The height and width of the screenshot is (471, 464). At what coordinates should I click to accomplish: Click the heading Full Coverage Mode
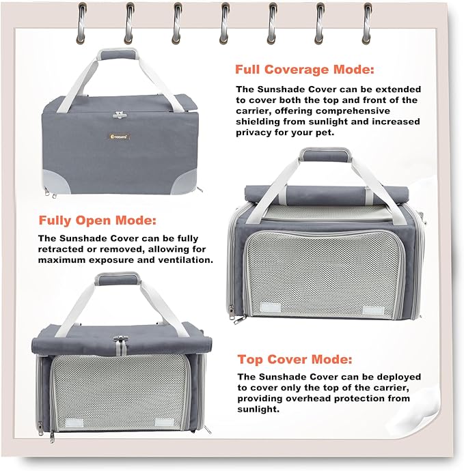point(305,70)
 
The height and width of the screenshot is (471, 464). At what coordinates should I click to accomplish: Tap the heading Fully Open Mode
point(98,221)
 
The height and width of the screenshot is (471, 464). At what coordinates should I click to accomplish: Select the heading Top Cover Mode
point(295,359)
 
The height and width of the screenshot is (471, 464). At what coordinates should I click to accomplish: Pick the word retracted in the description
point(62,249)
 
